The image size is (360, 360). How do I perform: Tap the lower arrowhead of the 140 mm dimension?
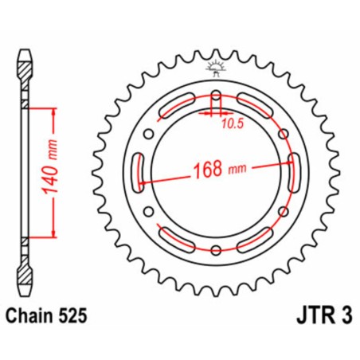[54, 236]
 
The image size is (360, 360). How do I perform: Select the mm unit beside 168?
[239, 170]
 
